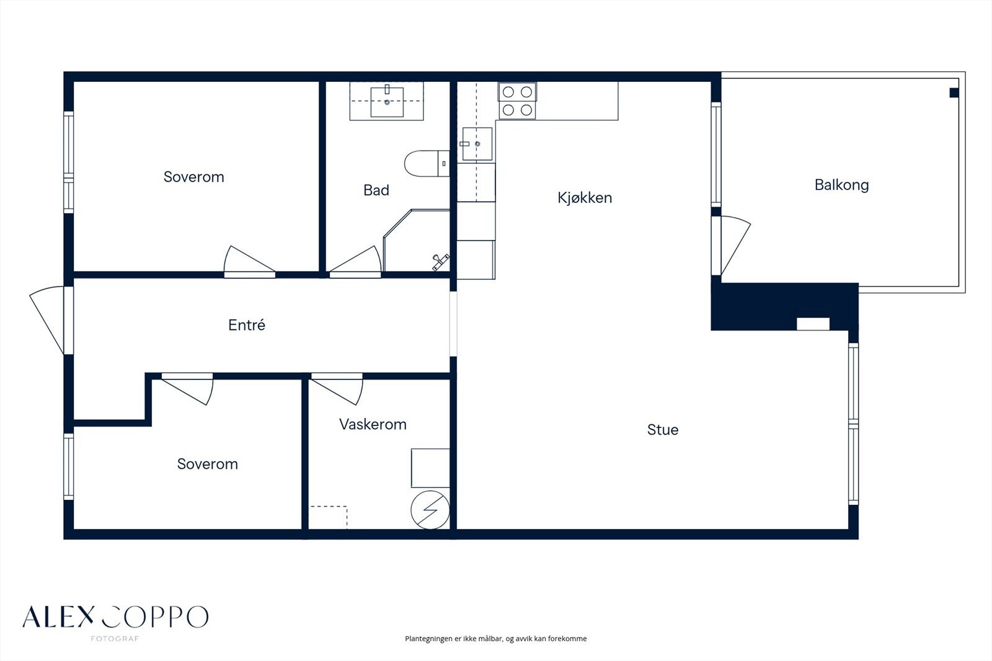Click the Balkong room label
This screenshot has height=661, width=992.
coord(841,185)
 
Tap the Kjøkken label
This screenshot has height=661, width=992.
coord(585,198)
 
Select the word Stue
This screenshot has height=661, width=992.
coord(663,430)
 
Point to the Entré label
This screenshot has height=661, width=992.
coord(247,325)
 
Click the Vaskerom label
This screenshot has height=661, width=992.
coord(373,424)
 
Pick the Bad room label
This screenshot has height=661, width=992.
coord(376,190)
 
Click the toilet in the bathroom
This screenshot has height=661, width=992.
coord(427,164)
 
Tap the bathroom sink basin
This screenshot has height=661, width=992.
coord(387,102)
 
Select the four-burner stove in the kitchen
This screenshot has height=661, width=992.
coord(517,100)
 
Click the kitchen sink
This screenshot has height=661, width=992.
coord(477,143)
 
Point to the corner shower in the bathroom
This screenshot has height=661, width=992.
coord(416,240)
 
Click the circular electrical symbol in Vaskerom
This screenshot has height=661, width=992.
coord(430,510)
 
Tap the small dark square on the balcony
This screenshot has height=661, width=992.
coord(954,92)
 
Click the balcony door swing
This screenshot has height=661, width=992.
coord(735,244)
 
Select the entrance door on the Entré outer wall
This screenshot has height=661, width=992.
coord(47,320)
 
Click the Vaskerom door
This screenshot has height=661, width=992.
coord(337,389)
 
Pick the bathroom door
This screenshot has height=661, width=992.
coord(355,262)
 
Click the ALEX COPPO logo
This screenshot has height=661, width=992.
coord(115,619)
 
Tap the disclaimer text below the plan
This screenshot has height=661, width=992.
coord(495,639)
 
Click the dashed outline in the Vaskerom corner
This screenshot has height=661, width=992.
coord(328,517)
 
